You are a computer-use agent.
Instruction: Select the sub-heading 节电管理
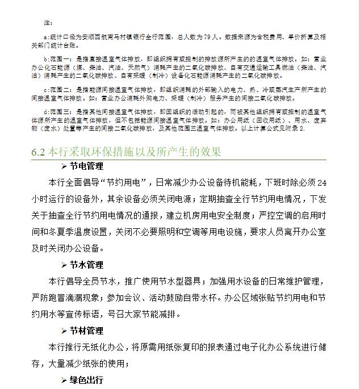[86, 166]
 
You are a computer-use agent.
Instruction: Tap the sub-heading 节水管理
[86, 265]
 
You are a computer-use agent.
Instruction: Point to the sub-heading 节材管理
[86, 331]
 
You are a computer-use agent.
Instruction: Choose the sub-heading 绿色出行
[86, 380]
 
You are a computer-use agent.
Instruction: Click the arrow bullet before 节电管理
[64, 166]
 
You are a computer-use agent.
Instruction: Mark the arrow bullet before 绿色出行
[64, 380]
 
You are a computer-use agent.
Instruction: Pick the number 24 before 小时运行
[321, 183]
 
